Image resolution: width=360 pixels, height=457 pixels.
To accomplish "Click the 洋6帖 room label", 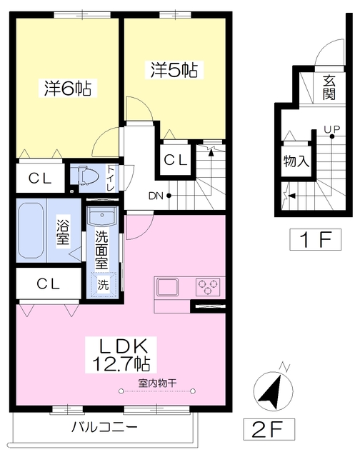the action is [68, 88].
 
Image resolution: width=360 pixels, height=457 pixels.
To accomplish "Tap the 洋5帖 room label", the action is [174, 70].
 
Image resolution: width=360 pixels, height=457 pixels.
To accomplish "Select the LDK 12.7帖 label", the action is [121, 355].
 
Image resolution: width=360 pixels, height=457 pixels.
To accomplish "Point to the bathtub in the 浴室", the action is [31, 230].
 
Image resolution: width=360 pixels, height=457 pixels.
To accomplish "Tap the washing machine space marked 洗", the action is [103, 284].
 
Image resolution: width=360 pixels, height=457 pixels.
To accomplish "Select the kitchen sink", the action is [168, 287].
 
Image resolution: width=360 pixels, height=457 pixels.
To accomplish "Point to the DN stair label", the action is [156, 196].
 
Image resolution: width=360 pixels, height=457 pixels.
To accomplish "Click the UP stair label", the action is [332, 129].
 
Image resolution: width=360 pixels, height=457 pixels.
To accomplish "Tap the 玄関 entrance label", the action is [329, 87].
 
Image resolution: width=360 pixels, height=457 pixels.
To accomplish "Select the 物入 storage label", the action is [296, 161].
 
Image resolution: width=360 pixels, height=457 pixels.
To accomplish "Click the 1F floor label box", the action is [315, 240].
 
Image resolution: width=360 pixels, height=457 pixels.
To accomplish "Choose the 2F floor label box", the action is [269, 429].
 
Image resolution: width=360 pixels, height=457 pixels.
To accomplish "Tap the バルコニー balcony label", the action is [104, 427].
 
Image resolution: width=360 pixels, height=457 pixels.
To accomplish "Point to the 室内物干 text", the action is [157, 383].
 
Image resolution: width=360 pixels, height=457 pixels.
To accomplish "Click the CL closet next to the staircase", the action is [175, 160].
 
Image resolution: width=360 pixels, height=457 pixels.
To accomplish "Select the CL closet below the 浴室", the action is [49, 283].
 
